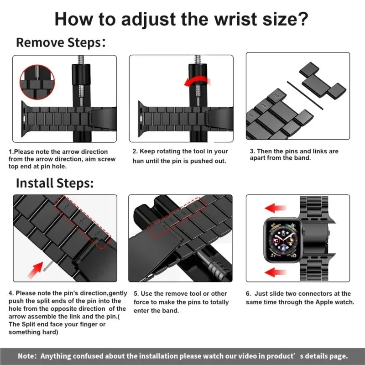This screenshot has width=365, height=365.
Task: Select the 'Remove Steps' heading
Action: click(58, 42)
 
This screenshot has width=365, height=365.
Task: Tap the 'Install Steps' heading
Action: click(55, 183)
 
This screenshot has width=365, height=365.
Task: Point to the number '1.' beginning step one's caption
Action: click(11, 151)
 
